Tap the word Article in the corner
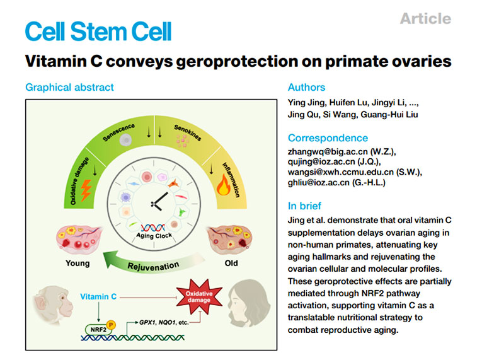click(425, 18)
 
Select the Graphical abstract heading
click(69, 87)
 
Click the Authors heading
click(306, 87)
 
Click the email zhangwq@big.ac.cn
click(322, 151)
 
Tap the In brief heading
click(304, 206)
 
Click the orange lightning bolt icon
click(83, 190)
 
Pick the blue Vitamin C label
click(100, 295)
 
